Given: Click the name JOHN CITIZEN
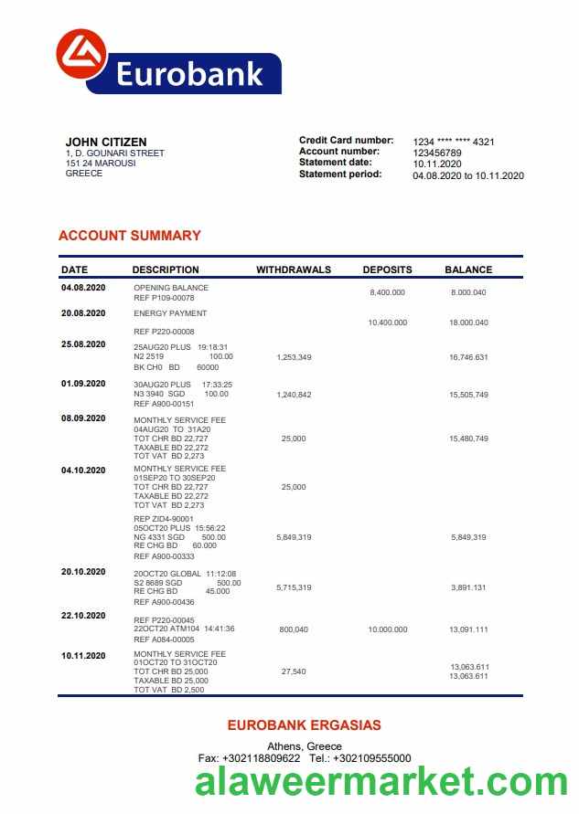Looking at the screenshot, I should coord(106,142).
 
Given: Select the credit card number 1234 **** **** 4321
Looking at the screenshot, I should coord(454,142).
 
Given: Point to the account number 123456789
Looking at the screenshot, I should coord(437,153).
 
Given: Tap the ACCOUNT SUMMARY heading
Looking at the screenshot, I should coord(129,236).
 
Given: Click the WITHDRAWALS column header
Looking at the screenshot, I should coord(294,270).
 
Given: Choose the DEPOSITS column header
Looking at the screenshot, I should coord(387,270).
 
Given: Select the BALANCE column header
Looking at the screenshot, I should coord(468,270).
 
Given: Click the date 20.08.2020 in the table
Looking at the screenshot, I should coord(83,313).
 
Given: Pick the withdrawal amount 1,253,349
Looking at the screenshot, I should coord(294,357).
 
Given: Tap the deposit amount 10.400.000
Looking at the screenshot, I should coord(387,322).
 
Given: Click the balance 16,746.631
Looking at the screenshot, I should coord(468,357).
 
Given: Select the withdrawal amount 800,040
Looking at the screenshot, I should coord(294,629).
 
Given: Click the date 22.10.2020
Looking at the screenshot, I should coord(83,616).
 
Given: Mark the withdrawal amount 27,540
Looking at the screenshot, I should coord(294,671).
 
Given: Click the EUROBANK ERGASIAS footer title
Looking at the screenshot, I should coord(304,725).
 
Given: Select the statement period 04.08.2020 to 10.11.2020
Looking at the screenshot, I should coord(468,175).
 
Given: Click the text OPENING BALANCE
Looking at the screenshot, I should coord(171,288).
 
